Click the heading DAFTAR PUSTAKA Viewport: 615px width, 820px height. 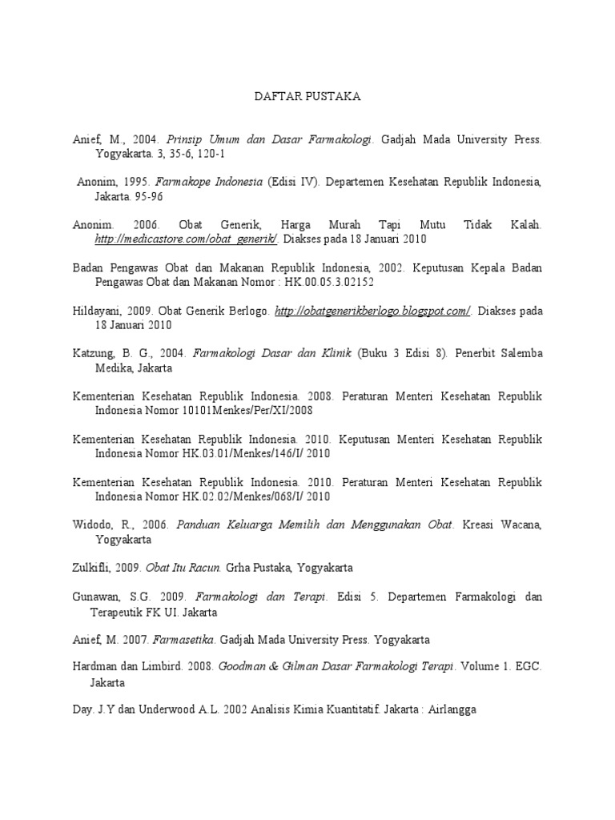(x=307, y=96)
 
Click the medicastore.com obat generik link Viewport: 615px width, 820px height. (x=187, y=239)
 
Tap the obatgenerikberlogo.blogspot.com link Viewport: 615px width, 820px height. (x=372, y=312)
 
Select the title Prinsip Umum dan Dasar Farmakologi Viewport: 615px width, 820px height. (x=269, y=139)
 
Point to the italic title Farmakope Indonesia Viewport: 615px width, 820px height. (x=216, y=183)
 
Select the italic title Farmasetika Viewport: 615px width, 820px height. (x=185, y=641)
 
